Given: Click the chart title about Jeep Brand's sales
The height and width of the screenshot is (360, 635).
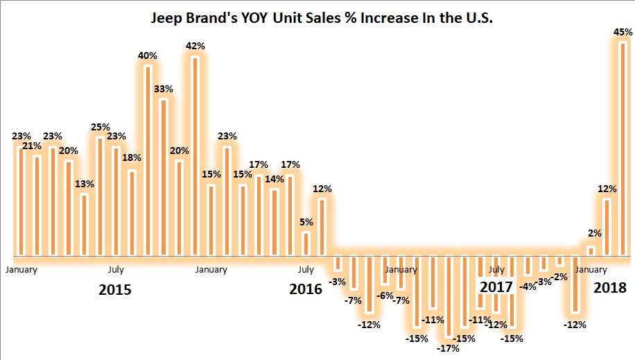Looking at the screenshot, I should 322,19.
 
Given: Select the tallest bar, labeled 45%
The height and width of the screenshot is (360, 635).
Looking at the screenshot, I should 622,149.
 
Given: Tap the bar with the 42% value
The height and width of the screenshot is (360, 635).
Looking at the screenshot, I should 195,156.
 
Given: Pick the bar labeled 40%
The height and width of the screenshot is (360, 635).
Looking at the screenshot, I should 148,160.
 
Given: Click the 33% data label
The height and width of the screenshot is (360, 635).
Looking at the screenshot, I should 164,89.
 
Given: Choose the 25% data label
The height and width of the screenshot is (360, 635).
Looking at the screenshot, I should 101,127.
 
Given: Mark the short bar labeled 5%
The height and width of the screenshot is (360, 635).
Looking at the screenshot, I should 306,243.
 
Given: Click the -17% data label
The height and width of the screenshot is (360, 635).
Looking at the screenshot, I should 449,348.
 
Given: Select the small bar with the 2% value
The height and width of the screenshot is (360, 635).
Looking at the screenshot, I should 591,250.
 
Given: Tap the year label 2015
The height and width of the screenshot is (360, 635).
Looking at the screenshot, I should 114,289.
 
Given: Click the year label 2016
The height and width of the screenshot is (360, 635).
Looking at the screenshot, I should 306,289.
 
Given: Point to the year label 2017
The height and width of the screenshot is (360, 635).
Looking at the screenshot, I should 496,286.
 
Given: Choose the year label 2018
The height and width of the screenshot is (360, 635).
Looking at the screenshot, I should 609,287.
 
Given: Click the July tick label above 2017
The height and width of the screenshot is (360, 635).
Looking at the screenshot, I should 496,269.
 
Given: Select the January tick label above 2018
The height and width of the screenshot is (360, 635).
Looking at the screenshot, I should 591,269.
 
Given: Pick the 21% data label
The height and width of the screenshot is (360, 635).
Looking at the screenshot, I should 37,146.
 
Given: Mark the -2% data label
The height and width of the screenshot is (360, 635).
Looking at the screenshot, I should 559,277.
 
